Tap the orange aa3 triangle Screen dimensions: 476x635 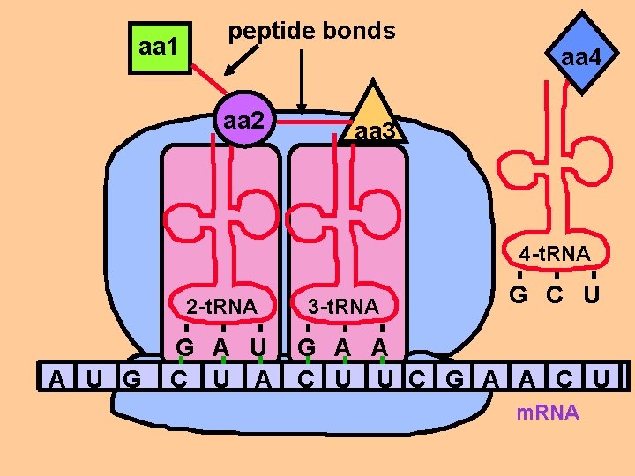click(x=376, y=122)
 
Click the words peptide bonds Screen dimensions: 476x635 click(x=311, y=31)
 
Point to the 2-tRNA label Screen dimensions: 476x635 click(x=221, y=307)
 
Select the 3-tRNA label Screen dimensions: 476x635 click(x=343, y=307)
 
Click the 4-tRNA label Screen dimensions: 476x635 click(x=555, y=254)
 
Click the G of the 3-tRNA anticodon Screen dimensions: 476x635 click(x=306, y=346)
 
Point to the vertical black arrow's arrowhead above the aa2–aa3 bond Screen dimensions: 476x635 click(x=303, y=109)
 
